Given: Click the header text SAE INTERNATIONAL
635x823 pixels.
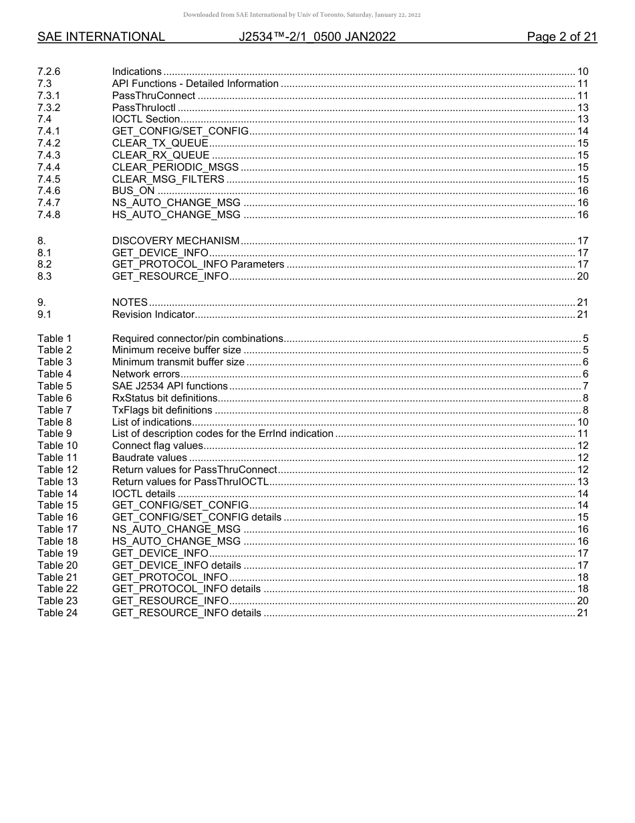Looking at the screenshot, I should coord(101,37).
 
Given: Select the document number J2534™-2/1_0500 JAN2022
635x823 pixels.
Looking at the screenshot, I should coord(317,37).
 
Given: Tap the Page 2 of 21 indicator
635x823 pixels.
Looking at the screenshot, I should coord(561,37).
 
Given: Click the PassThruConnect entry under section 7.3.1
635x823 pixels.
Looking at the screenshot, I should coord(154,96).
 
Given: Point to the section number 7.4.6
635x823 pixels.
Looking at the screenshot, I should coord(49,191).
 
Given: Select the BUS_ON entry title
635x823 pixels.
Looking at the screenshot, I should coord(134,191).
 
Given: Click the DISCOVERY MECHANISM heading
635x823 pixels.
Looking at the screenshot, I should coord(176,241).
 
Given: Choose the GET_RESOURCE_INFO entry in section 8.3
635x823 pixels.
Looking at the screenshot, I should coord(170,276).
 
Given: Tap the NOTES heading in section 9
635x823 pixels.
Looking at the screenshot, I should coord(130,302).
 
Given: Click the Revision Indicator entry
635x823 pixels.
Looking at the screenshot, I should coord(153,314).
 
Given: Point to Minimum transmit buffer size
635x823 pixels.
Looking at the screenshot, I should coord(178,362).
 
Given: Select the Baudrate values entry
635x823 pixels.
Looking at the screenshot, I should coord(150,458).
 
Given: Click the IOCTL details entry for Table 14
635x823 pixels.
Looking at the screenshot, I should coord(144,494).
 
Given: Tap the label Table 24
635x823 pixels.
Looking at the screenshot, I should coord(57,613).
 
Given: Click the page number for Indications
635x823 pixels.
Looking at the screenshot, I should coord(582,72).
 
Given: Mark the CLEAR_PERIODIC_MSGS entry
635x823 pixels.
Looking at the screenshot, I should coord(176,167).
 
